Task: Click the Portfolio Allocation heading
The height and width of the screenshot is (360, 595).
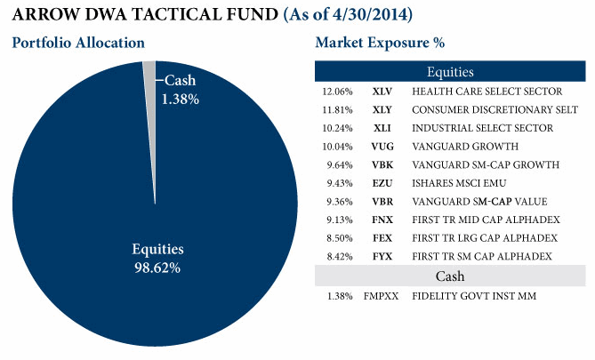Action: click(78, 43)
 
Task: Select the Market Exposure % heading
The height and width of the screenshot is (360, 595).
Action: click(380, 43)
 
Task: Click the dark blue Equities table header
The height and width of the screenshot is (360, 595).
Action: click(449, 72)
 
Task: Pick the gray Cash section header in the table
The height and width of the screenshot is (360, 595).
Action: click(449, 276)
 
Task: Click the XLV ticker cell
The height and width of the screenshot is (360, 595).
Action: click(383, 92)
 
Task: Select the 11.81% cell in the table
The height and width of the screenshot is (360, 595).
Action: click(337, 110)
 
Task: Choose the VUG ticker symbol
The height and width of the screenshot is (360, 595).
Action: click(383, 147)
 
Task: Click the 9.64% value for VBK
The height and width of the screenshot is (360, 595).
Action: click(337, 164)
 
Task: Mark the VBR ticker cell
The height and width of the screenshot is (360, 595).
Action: click(383, 202)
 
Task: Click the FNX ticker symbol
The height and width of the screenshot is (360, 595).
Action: click(383, 220)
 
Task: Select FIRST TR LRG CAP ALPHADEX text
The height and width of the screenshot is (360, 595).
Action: click(485, 238)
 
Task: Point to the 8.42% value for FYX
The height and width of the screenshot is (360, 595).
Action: click(337, 257)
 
